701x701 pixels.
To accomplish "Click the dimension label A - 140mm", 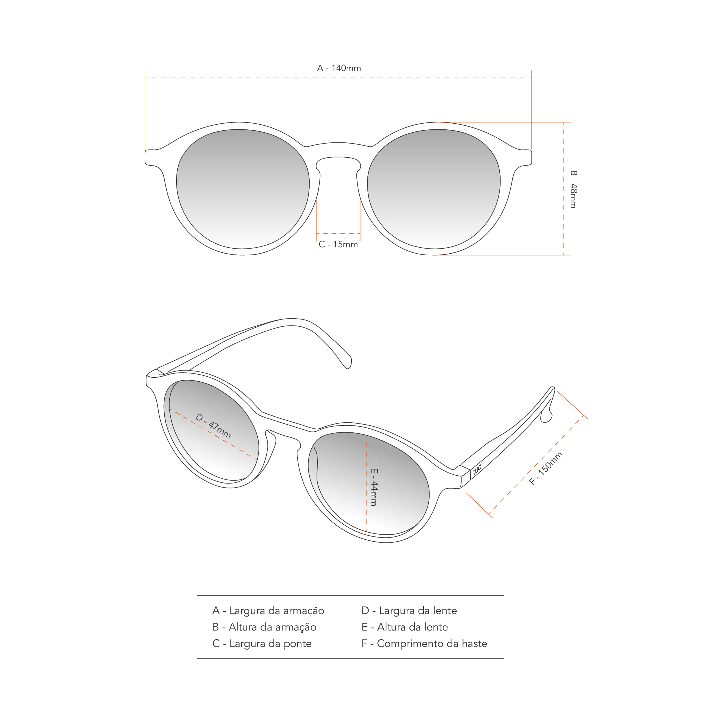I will (339, 68).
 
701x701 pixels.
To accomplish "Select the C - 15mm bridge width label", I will (338, 245).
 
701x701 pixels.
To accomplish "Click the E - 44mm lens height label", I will (374, 487).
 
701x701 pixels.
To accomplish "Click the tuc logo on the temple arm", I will (477, 469).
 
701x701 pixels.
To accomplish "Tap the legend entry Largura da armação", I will (268, 611).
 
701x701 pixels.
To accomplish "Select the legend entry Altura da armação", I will (264, 627).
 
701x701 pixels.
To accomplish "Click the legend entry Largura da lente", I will (409, 611).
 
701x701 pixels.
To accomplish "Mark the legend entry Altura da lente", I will (405, 627).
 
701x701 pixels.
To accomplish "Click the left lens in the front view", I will (243, 189).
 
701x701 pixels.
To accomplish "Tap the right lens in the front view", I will (434, 189).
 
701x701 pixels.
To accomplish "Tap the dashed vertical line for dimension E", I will (366, 508).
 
